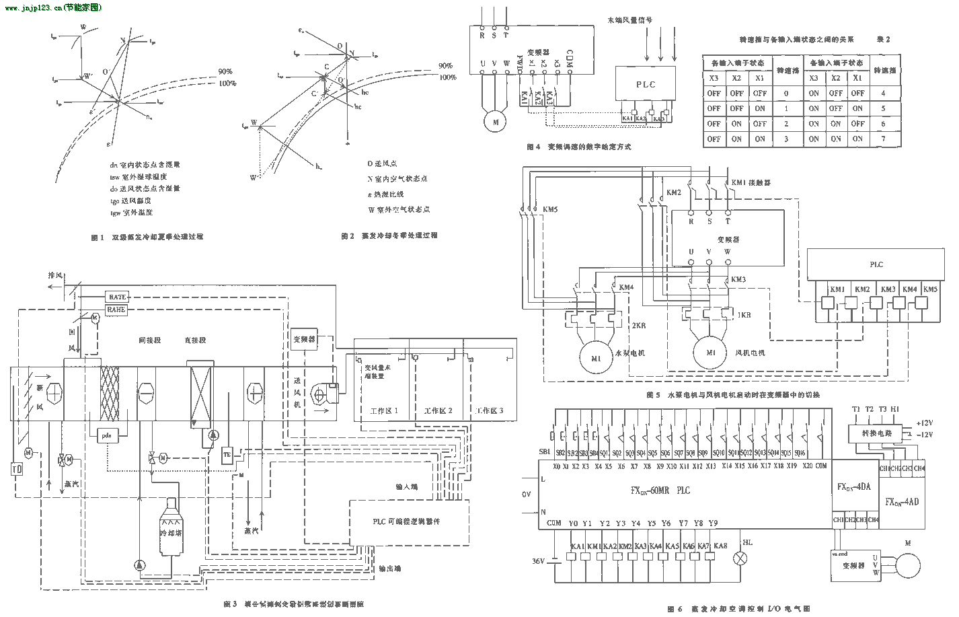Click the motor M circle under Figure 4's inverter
tap(496, 122)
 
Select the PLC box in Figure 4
tap(645, 85)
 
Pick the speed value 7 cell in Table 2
tap(883, 139)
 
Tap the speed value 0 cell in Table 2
tap(786, 93)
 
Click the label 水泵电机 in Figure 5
tap(629, 352)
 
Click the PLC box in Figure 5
tap(876, 264)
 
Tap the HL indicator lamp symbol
tap(743, 557)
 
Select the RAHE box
tap(117, 310)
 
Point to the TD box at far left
tap(18, 468)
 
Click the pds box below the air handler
tap(106, 435)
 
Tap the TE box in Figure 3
tap(227, 455)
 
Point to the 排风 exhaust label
tap(55, 276)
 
